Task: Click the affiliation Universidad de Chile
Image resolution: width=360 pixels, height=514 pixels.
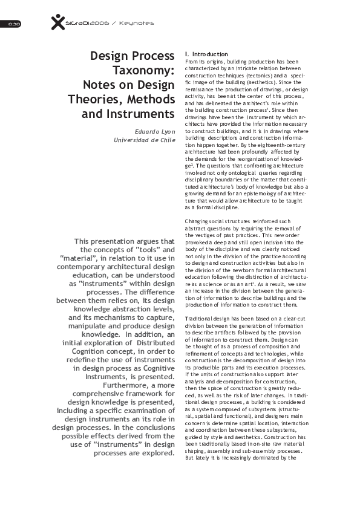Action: point(145,140)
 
